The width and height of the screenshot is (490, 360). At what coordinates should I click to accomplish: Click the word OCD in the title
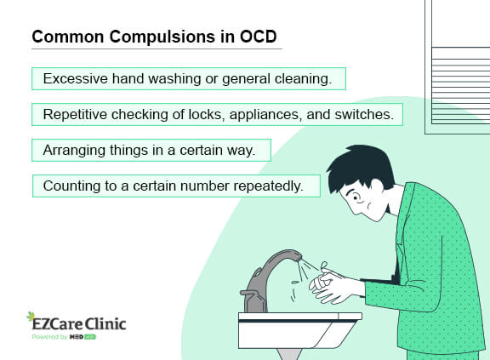258,37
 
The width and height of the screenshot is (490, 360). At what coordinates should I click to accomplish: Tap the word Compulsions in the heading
162,37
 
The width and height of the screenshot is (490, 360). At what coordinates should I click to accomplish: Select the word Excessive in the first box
76,78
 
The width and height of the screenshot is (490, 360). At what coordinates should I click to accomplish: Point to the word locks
207,115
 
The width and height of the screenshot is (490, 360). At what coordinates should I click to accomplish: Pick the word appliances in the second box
266,115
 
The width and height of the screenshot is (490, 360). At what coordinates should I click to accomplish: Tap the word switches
364,114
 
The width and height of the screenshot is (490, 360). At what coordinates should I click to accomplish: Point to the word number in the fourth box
205,186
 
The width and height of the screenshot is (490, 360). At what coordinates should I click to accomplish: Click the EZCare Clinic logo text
79,323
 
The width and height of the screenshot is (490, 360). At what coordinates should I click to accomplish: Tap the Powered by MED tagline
64,337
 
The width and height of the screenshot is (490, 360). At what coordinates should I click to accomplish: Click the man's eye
356,197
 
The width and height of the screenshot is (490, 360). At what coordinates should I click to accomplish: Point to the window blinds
460,85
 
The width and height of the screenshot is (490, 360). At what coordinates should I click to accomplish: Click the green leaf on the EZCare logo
31,317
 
